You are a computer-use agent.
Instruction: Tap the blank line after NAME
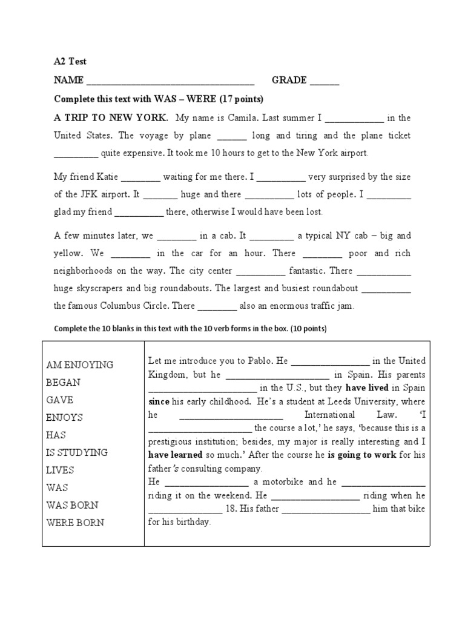(171, 81)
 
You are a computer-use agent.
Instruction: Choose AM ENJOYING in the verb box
(80, 364)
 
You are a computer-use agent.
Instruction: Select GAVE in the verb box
(60, 400)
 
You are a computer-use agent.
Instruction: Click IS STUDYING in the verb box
(77, 452)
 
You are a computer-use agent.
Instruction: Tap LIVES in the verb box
(61, 470)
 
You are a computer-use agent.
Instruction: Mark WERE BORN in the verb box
(75, 523)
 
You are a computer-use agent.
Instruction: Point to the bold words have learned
(176, 455)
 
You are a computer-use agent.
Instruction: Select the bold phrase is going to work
(362, 455)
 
